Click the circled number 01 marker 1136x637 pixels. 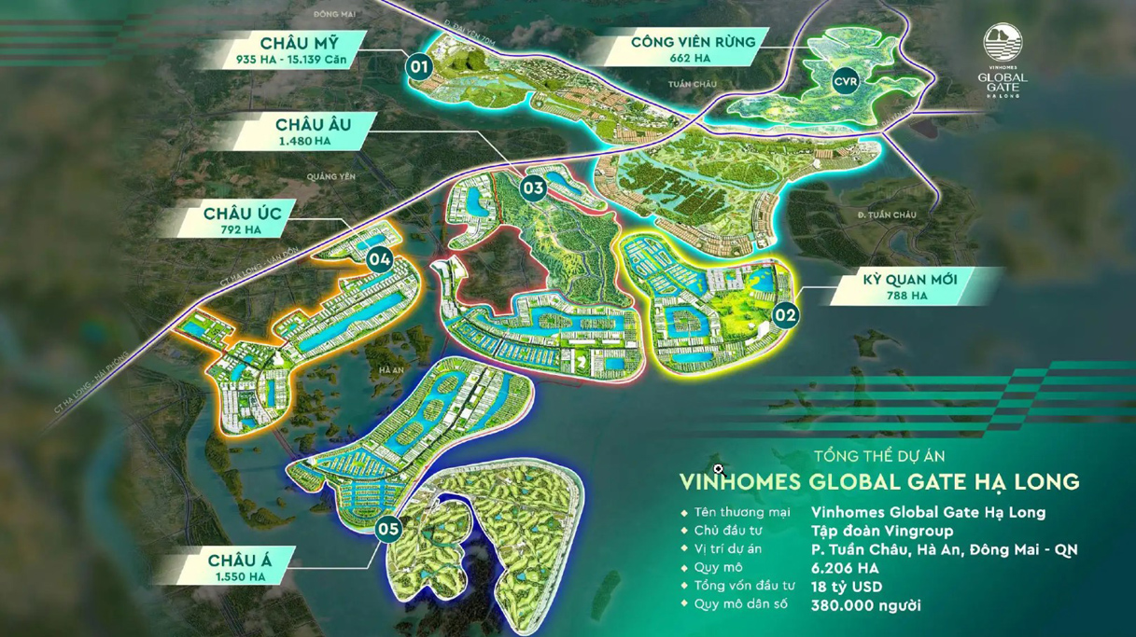coord(419,66)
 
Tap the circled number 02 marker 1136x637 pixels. coord(785,315)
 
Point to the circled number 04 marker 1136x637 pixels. coord(379,259)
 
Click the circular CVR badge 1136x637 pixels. coord(846,81)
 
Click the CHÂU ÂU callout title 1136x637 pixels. coord(313,124)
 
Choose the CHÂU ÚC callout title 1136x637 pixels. coord(243,214)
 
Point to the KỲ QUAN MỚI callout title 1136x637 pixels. coord(905,279)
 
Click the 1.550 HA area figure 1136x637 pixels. coord(240,577)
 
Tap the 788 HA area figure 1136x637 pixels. coord(905,296)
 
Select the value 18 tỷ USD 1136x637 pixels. coord(847,587)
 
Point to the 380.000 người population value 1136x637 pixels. coord(866,605)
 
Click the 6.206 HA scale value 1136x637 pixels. coord(846,568)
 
